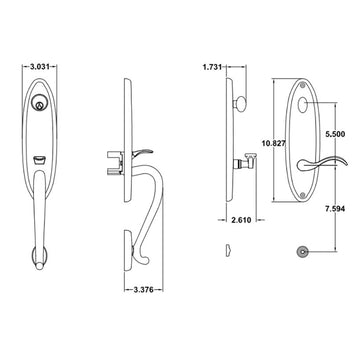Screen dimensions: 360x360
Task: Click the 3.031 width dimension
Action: pos(40,67)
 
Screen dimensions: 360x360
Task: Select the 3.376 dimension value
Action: pos(143,290)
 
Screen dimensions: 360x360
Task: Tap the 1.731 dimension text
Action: pos(212,67)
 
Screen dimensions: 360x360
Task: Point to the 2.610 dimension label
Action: pos(241,220)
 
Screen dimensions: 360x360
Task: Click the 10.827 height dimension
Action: pos(274,143)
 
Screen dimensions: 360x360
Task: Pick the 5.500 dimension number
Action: pos(335,134)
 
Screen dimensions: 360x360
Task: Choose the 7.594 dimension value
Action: pos(335,209)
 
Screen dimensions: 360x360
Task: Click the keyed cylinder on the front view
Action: pos(39,103)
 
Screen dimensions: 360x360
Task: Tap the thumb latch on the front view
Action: pos(39,161)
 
